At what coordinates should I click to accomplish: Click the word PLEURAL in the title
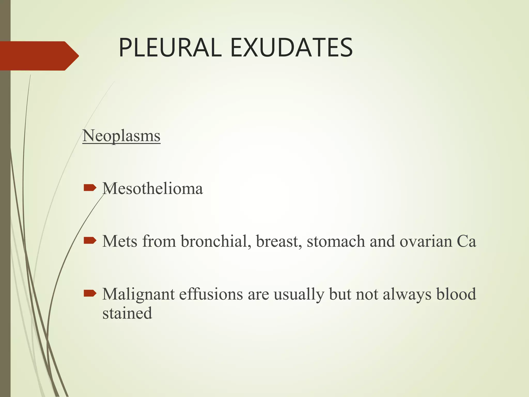(170, 48)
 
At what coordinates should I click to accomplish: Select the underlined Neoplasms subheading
(121, 136)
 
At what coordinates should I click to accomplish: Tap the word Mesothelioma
(153, 188)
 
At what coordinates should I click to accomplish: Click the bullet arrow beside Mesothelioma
(90, 188)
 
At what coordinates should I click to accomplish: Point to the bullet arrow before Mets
(90, 241)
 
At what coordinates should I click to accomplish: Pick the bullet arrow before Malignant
(90, 293)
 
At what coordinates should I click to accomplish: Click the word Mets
(120, 241)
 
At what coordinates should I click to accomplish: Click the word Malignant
(138, 295)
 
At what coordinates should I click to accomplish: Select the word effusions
(211, 294)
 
